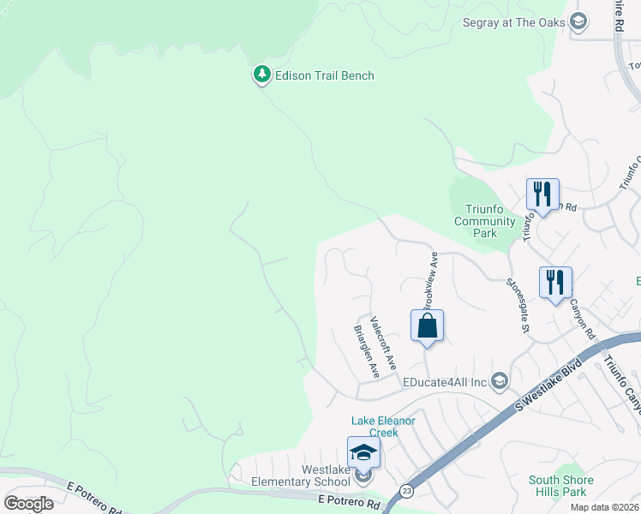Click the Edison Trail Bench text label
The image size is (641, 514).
(324, 75)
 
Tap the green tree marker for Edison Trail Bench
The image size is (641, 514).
(261, 75)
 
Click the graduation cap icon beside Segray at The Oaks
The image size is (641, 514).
(578, 21)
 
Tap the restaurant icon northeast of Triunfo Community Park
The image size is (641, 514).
(542, 194)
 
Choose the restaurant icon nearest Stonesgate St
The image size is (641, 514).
(555, 283)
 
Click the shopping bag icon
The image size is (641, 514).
(427, 326)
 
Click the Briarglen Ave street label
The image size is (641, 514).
(367, 351)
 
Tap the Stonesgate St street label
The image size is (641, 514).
(518, 305)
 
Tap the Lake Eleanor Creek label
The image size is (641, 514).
(384, 427)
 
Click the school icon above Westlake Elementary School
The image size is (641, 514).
(363, 451)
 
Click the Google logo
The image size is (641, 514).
(28, 504)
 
